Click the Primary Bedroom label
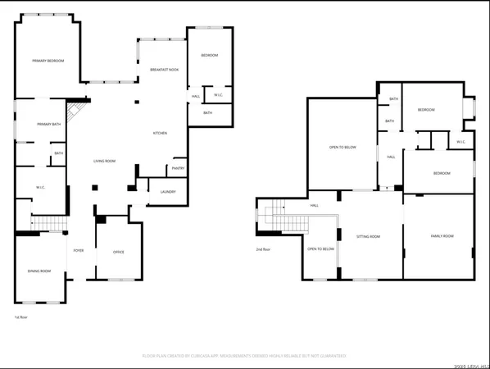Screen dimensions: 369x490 point(48,61)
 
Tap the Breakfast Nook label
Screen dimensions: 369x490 point(164,71)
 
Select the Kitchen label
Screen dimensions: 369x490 point(161,134)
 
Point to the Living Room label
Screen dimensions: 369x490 point(104,162)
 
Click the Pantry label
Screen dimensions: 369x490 point(178,169)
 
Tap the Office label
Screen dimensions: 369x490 point(118,251)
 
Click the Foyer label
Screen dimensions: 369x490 point(79,250)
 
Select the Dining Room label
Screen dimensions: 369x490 point(39,271)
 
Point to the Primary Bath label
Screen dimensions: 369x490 point(49,124)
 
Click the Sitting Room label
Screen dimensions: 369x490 point(368,236)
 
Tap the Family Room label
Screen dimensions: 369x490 point(442,236)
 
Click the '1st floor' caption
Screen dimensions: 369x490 point(20,317)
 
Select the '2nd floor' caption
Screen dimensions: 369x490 point(263,248)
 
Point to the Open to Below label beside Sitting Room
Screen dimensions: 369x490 point(321,248)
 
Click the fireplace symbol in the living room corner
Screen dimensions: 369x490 point(76,111)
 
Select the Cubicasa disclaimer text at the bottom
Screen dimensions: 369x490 point(244,356)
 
